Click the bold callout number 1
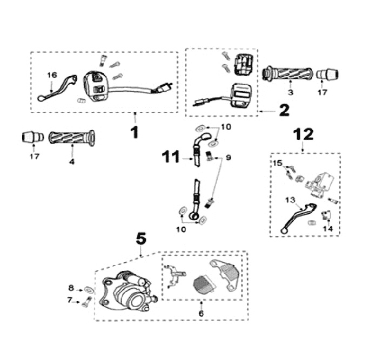(135, 131)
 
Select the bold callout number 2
(284, 111)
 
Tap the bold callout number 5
(141, 237)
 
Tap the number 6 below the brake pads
(201, 313)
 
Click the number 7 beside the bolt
(69, 300)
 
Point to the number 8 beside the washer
(70, 288)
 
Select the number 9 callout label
(229, 158)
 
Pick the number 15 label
(277, 163)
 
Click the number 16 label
(52, 74)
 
